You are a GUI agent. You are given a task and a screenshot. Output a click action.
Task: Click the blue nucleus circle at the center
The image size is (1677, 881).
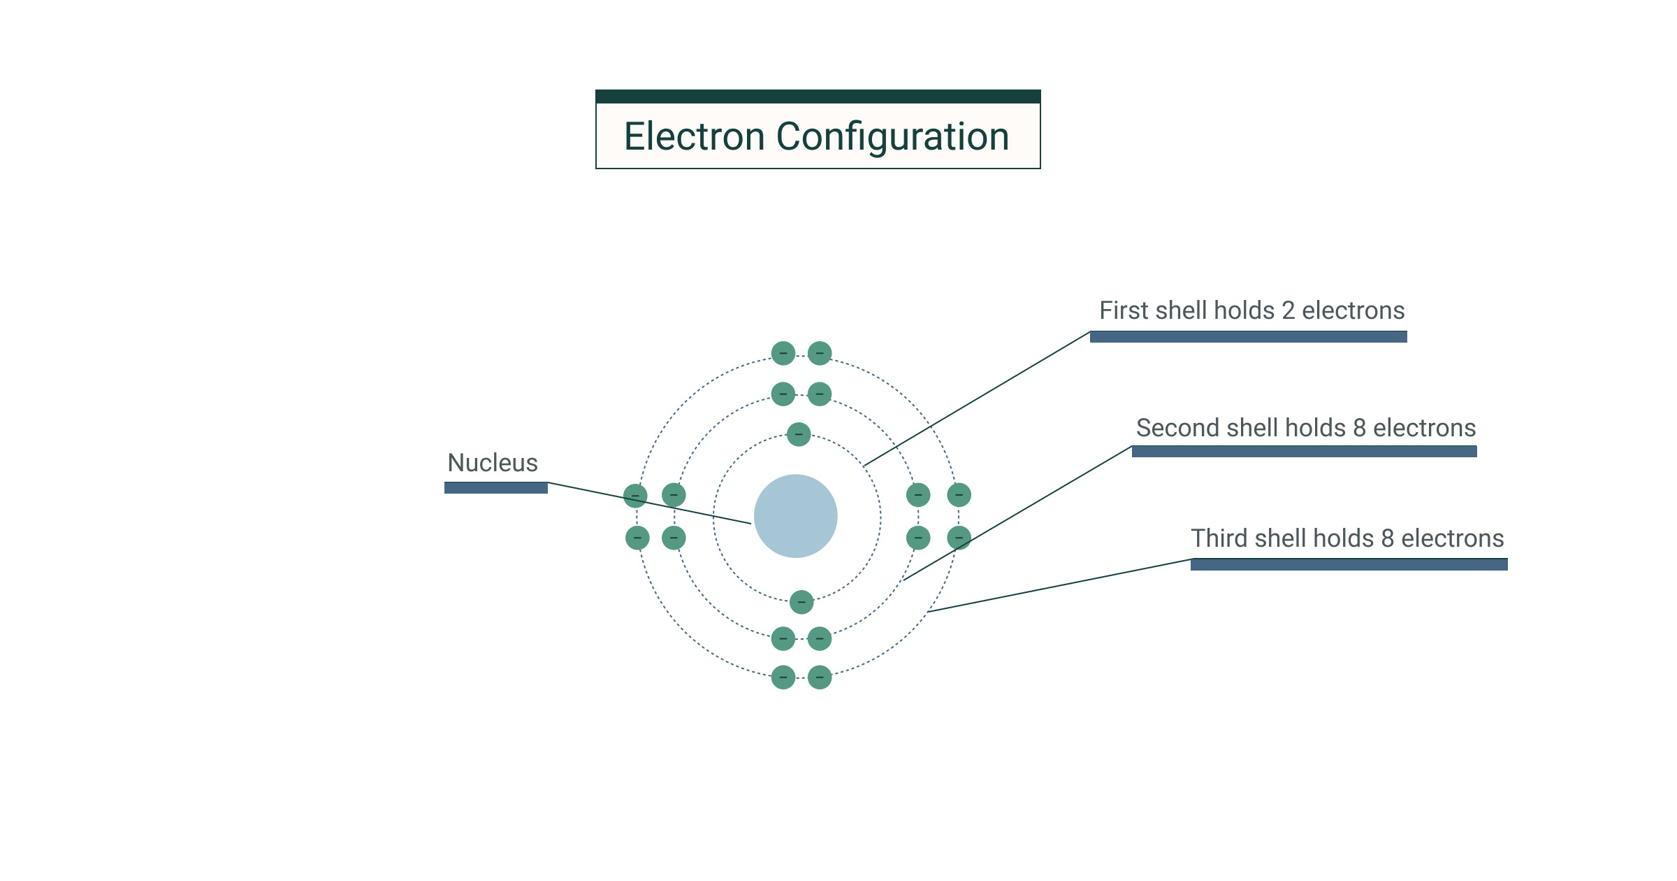[x=795, y=516]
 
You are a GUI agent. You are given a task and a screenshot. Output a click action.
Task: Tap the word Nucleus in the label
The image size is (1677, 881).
[x=493, y=463]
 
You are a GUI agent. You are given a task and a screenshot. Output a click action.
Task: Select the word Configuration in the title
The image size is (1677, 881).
[x=892, y=136]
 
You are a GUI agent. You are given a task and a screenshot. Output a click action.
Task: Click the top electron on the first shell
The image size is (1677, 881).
[x=799, y=434]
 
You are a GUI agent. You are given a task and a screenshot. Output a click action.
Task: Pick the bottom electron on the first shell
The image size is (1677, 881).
[x=801, y=601]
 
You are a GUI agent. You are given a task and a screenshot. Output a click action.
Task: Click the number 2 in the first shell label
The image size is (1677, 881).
[x=1288, y=310]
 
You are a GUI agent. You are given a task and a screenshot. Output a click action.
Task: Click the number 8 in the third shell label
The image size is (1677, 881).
[x=1387, y=538]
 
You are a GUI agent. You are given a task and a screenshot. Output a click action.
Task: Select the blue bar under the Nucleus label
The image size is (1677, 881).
[x=496, y=488]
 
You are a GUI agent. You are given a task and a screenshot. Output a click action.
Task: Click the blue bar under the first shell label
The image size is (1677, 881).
[x=1248, y=337]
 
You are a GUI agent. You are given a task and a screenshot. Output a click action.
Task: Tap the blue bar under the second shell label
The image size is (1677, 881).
[x=1304, y=452]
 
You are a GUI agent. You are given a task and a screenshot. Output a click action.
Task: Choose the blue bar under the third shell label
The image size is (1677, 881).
[x=1349, y=564]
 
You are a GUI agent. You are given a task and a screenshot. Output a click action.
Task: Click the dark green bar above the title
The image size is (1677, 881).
[x=818, y=96]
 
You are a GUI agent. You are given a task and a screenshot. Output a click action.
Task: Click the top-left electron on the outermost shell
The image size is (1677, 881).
[x=783, y=353]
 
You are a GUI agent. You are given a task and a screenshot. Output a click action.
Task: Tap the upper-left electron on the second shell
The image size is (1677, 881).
[x=783, y=394]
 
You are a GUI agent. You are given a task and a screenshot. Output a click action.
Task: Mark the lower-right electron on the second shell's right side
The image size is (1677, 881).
[x=918, y=538]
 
